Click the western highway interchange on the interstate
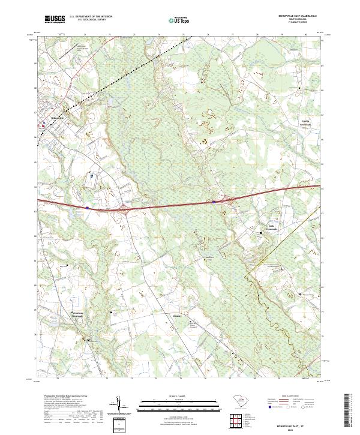125,209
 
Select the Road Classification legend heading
288,397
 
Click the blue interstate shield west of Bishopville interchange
88,208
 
